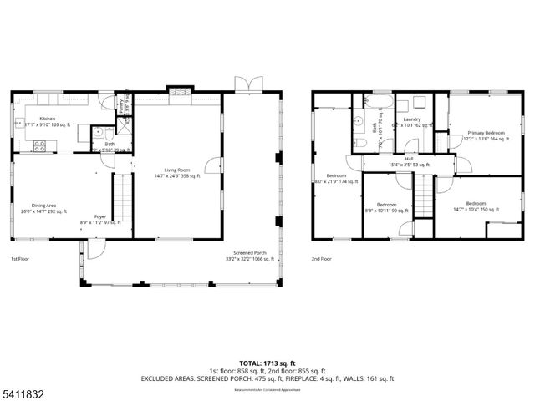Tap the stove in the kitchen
pos(38,147)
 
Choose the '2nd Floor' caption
pos(322,259)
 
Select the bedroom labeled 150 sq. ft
pos(476,206)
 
